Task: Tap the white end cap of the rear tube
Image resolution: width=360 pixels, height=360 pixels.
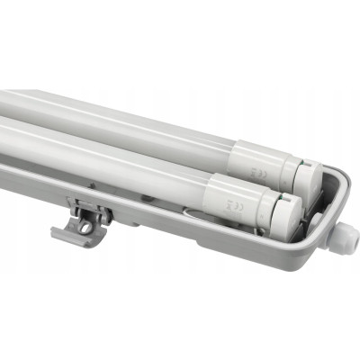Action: pos(261,166)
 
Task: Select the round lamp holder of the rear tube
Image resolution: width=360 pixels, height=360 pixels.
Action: pos(306,180)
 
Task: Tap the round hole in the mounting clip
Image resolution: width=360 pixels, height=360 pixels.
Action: pos(85,228)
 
